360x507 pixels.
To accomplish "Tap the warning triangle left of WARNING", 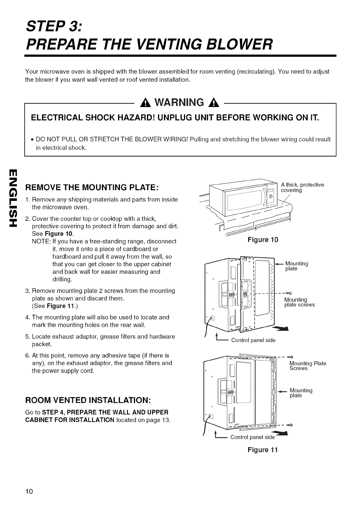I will click(x=141, y=103).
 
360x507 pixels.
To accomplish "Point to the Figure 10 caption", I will click(x=263, y=239).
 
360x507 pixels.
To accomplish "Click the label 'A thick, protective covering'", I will click(x=302, y=187).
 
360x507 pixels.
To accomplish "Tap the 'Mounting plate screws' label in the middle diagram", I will click(x=299, y=302).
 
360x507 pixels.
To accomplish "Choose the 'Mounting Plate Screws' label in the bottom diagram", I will click(x=307, y=366).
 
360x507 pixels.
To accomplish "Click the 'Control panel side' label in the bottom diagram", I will click(x=252, y=437).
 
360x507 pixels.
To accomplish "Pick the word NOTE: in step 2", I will click(x=40, y=241).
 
